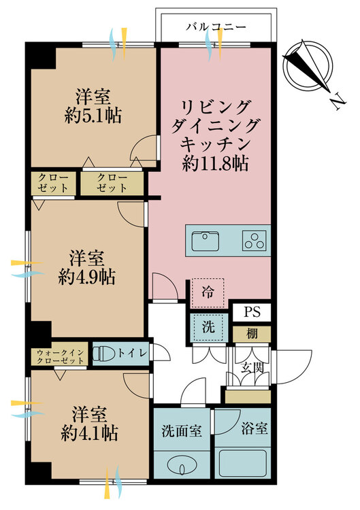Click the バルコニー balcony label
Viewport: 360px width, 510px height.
click(x=216, y=27)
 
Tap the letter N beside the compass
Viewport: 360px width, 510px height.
click(x=338, y=101)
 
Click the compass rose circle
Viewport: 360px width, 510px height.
click(x=308, y=65)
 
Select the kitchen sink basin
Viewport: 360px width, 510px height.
click(x=205, y=241)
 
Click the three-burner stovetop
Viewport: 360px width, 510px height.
click(x=255, y=241)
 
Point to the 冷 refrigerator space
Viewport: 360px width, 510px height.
click(x=208, y=292)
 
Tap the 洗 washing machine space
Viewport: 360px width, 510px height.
click(x=208, y=327)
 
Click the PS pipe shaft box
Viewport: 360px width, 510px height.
click(x=252, y=312)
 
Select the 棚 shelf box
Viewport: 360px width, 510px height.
click(x=252, y=334)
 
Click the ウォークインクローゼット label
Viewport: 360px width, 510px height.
click(x=60, y=357)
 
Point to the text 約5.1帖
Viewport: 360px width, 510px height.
click(x=93, y=116)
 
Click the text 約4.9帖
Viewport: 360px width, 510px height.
click(x=86, y=277)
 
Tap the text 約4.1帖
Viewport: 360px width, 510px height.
click(x=89, y=433)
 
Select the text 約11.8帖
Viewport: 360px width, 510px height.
click(x=216, y=163)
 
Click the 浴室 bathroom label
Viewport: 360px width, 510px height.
click(x=255, y=429)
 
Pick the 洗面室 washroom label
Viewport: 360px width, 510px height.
click(x=182, y=432)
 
